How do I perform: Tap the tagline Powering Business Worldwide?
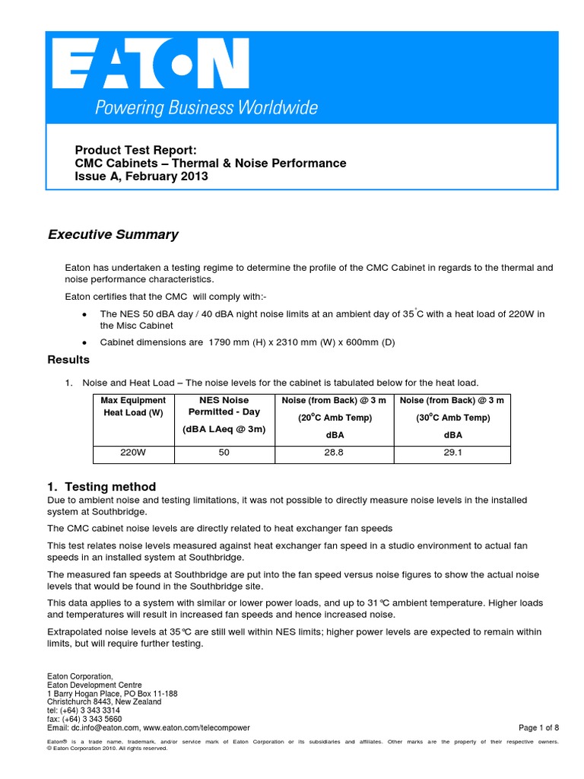pos(205,108)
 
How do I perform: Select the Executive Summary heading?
pos(113,234)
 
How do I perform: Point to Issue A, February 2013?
pos(141,176)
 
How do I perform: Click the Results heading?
pos(68,359)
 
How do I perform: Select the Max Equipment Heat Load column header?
pos(134,406)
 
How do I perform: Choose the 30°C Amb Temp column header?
pos(452,418)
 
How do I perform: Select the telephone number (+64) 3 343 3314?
pos(90,710)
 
